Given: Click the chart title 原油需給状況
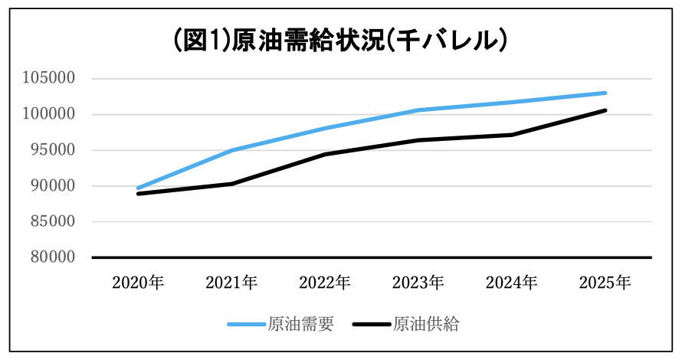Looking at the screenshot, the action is tap(308, 41).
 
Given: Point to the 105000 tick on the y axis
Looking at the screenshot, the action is tap(49, 78).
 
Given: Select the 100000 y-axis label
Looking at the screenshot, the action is tap(49, 114).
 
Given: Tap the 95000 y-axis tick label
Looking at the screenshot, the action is tap(53, 150).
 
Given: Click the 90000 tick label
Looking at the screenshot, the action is tap(53, 185).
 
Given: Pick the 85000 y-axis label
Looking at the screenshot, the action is tap(53, 221).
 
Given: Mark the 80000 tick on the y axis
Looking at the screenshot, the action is tap(53, 257).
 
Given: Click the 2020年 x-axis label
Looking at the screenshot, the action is tap(138, 283).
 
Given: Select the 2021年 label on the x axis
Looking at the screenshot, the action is tap(231, 283).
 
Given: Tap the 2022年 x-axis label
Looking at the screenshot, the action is tap(325, 283).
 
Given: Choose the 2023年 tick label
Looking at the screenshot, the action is tap(418, 283).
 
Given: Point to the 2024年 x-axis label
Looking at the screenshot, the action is tap(512, 283).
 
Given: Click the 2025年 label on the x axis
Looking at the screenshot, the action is tap(605, 283).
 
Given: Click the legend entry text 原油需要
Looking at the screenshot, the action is tap(300, 324).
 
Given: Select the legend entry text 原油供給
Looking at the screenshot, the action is tap(426, 324).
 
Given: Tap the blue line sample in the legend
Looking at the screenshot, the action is tap(246, 324).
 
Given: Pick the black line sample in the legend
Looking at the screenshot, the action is tap(372, 324).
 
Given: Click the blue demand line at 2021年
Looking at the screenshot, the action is tap(231, 150).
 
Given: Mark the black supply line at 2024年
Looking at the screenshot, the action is tap(512, 135).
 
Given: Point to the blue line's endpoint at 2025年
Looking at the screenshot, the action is tap(605, 93).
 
